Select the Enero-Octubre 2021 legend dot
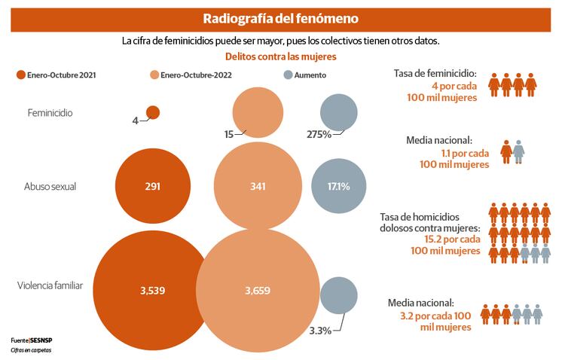[21, 75]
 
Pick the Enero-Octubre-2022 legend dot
[154, 75]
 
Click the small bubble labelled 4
[153, 112]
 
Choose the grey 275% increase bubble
[339, 114]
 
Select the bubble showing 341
[257, 186]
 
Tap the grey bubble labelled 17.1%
[339, 186]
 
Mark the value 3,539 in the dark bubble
[152, 290]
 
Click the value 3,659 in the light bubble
[257, 290]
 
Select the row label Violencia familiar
[50, 285]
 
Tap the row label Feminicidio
[50, 113]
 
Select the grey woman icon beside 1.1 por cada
[519, 151]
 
